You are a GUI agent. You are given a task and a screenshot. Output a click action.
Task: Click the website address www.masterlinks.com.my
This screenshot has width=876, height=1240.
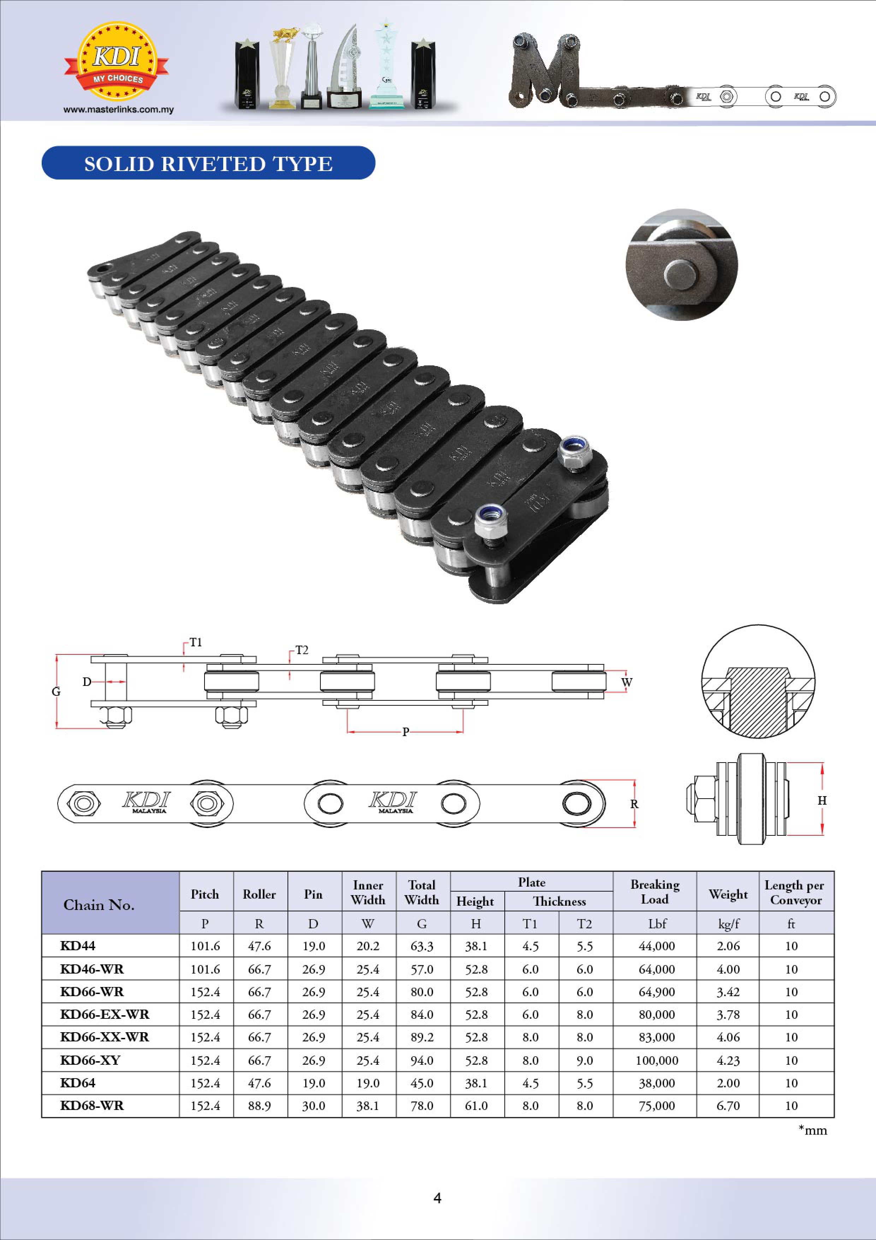[119, 110]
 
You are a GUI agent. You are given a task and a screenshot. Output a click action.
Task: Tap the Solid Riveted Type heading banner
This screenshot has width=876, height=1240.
[208, 163]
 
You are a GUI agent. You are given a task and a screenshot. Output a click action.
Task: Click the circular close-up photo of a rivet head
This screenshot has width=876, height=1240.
[682, 265]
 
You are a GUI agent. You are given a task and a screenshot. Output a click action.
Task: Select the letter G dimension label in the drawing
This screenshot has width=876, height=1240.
[56, 692]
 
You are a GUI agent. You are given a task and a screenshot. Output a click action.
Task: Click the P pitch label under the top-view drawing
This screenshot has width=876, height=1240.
[406, 732]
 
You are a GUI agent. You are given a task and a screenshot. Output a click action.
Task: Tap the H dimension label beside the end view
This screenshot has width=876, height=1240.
[822, 800]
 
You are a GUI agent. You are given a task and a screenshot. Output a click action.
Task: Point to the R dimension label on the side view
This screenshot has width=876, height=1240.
[635, 804]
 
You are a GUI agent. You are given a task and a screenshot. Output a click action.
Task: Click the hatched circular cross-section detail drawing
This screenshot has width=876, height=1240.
[758, 682]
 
